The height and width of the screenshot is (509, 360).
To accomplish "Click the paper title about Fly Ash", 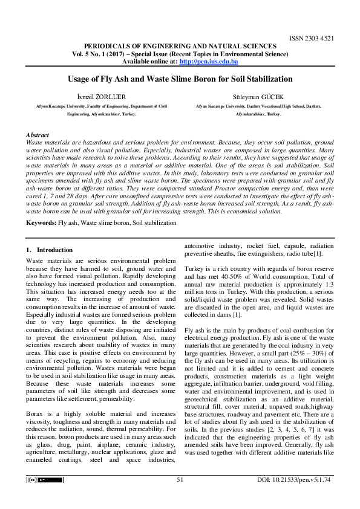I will click(x=180, y=79).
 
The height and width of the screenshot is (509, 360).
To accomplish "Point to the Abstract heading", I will click(x=38, y=134).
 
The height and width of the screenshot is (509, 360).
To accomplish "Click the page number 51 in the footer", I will click(x=180, y=479).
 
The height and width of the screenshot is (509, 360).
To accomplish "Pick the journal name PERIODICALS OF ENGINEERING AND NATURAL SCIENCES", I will click(x=180, y=46).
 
